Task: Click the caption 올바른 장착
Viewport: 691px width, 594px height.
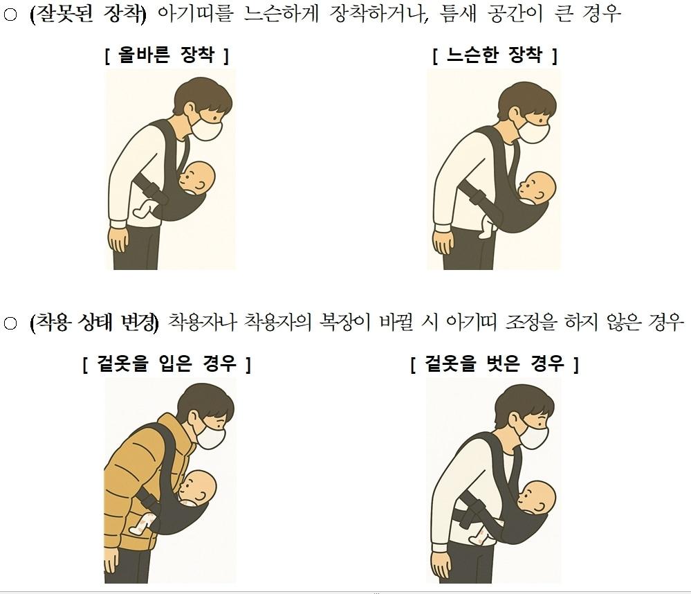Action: click(x=167, y=55)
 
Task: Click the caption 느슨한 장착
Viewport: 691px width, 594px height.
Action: click(x=495, y=55)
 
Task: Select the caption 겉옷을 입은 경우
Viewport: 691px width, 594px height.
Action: click(x=167, y=363)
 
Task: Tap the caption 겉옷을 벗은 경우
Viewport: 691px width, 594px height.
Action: click(x=495, y=363)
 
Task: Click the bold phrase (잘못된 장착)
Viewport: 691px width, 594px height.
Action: click(x=88, y=15)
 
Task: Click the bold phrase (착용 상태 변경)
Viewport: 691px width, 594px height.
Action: click(x=95, y=323)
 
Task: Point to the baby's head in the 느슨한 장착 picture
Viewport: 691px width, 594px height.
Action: click(x=536, y=188)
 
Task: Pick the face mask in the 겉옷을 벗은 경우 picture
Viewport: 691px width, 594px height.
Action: click(x=533, y=438)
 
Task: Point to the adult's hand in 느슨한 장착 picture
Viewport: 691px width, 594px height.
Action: click(x=443, y=242)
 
